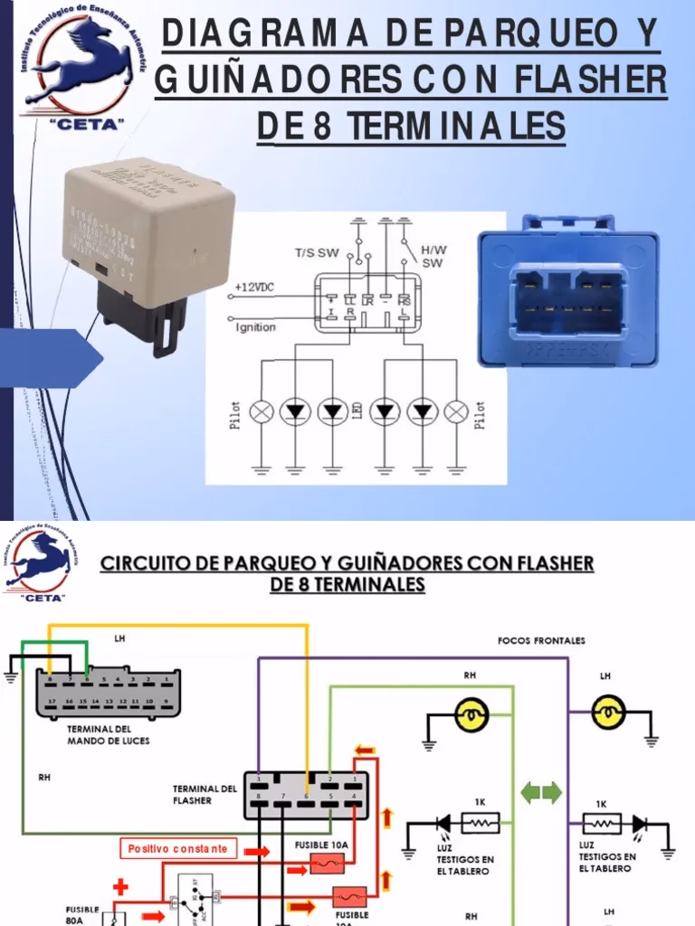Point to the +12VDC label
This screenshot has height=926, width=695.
pos(256,287)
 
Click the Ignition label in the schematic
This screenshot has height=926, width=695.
pos(256,327)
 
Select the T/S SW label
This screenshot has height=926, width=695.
pos(316,253)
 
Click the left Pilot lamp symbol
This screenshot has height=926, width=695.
pos(262,412)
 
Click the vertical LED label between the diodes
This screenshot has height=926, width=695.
pos(358,413)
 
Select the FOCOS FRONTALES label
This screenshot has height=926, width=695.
pos(541,640)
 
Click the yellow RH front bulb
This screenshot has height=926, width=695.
pos(470,714)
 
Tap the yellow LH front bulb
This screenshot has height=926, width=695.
pos(605,714)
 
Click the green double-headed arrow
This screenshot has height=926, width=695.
pos(541,793)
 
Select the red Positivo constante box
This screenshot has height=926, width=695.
pos(179,849)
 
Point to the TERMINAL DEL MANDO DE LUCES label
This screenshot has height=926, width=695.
pos(109,734)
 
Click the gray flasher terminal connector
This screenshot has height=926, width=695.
pos(306,796)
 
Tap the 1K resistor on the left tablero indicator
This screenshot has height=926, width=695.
pos(481,823)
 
